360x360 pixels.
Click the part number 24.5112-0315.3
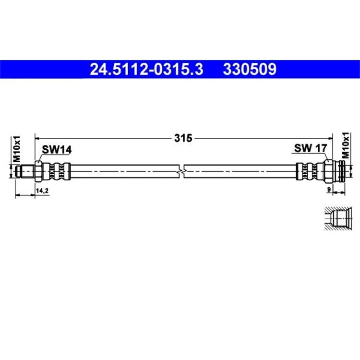coord(146,69)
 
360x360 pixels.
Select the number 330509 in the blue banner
coord(250,69)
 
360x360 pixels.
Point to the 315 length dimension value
coord(183,138)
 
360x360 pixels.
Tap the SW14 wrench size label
coord(57,150)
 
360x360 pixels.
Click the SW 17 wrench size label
coord(310,148)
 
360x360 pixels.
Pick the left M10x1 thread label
coord(17,149)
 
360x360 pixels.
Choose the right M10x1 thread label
coord(345,145)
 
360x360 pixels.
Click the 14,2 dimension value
coord(42,191)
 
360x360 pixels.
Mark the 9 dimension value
coord(329,190)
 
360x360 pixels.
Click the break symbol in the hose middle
coord(181,171)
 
